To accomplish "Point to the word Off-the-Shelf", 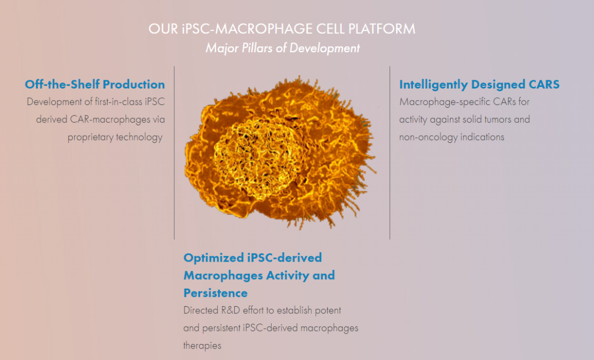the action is pyautogui.click(x=63, y=84).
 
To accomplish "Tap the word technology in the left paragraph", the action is pyautogui.click(x=139, y=137).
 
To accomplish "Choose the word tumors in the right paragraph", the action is pyautogui.click(x=497, y=120).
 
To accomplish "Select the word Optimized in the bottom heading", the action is pyautogui.click(x=214, y=258).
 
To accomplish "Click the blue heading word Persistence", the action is pyautogui.click(x=216, y=293).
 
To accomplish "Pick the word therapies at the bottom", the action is pyautogui.click(x=202, y=346).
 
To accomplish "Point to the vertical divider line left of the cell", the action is pyautogui.click(x=174, y=153).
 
